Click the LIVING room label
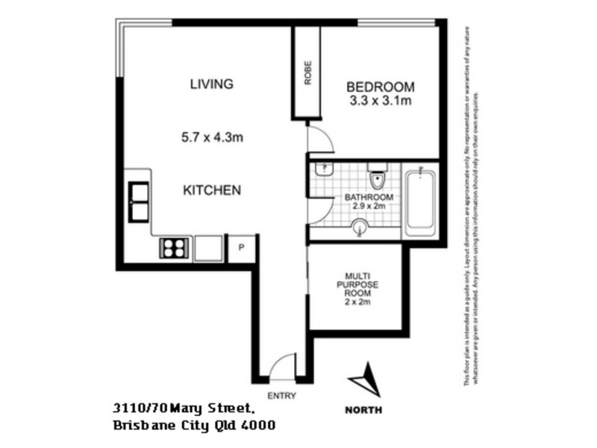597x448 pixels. pyautogui.click(x=213, y=84)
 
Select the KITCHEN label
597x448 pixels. pyautogui.click(x=212, y=190)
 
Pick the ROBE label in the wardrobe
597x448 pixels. pyautogui.click(x=307, y=73)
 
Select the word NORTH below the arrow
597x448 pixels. pyautogui.click(x=364, y=409)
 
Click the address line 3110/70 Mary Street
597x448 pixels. pyautogui.click(x=185, y=408)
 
